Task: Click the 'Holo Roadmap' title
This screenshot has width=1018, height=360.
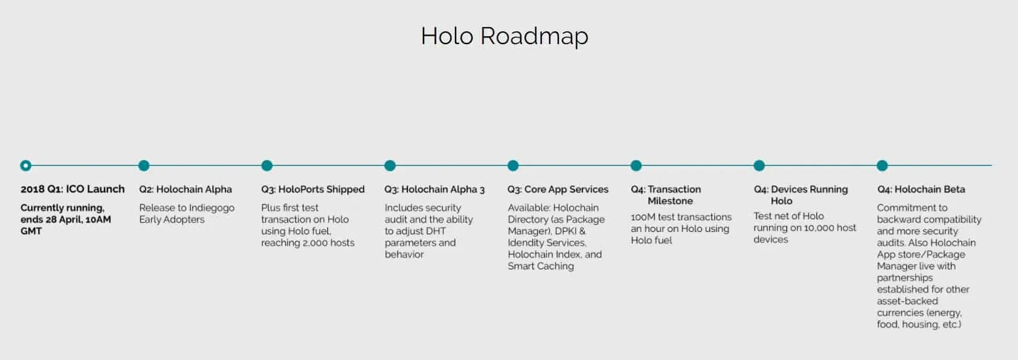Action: tap(504, 36)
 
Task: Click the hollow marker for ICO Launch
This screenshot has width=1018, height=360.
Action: tap(25, 166)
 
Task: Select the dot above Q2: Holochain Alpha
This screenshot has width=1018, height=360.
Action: tap(144, 166)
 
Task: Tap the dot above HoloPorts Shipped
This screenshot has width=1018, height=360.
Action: tap(267, 166)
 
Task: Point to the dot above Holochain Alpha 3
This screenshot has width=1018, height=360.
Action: tap(390, 166)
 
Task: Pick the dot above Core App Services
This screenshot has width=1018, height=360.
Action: tap(513, 166)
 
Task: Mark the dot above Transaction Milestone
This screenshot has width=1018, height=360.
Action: tap(636, 166)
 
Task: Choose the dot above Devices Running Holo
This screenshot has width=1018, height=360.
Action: tap(759, 166)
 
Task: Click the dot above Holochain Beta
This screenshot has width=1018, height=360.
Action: tap(882, 166)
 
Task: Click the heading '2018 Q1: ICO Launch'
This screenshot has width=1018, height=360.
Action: tap(72, 189)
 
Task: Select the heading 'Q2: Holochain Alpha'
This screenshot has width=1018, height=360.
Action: tap(185, 189)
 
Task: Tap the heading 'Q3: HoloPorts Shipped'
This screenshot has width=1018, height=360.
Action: tap(313, 189)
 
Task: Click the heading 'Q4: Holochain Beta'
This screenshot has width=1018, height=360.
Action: tap(921, 189)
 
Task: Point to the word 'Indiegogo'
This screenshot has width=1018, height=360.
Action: tap(211, 208)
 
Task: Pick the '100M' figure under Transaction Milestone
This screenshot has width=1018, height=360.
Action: tap(643, 217)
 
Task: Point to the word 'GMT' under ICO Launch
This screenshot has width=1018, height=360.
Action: tap(31, 231)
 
